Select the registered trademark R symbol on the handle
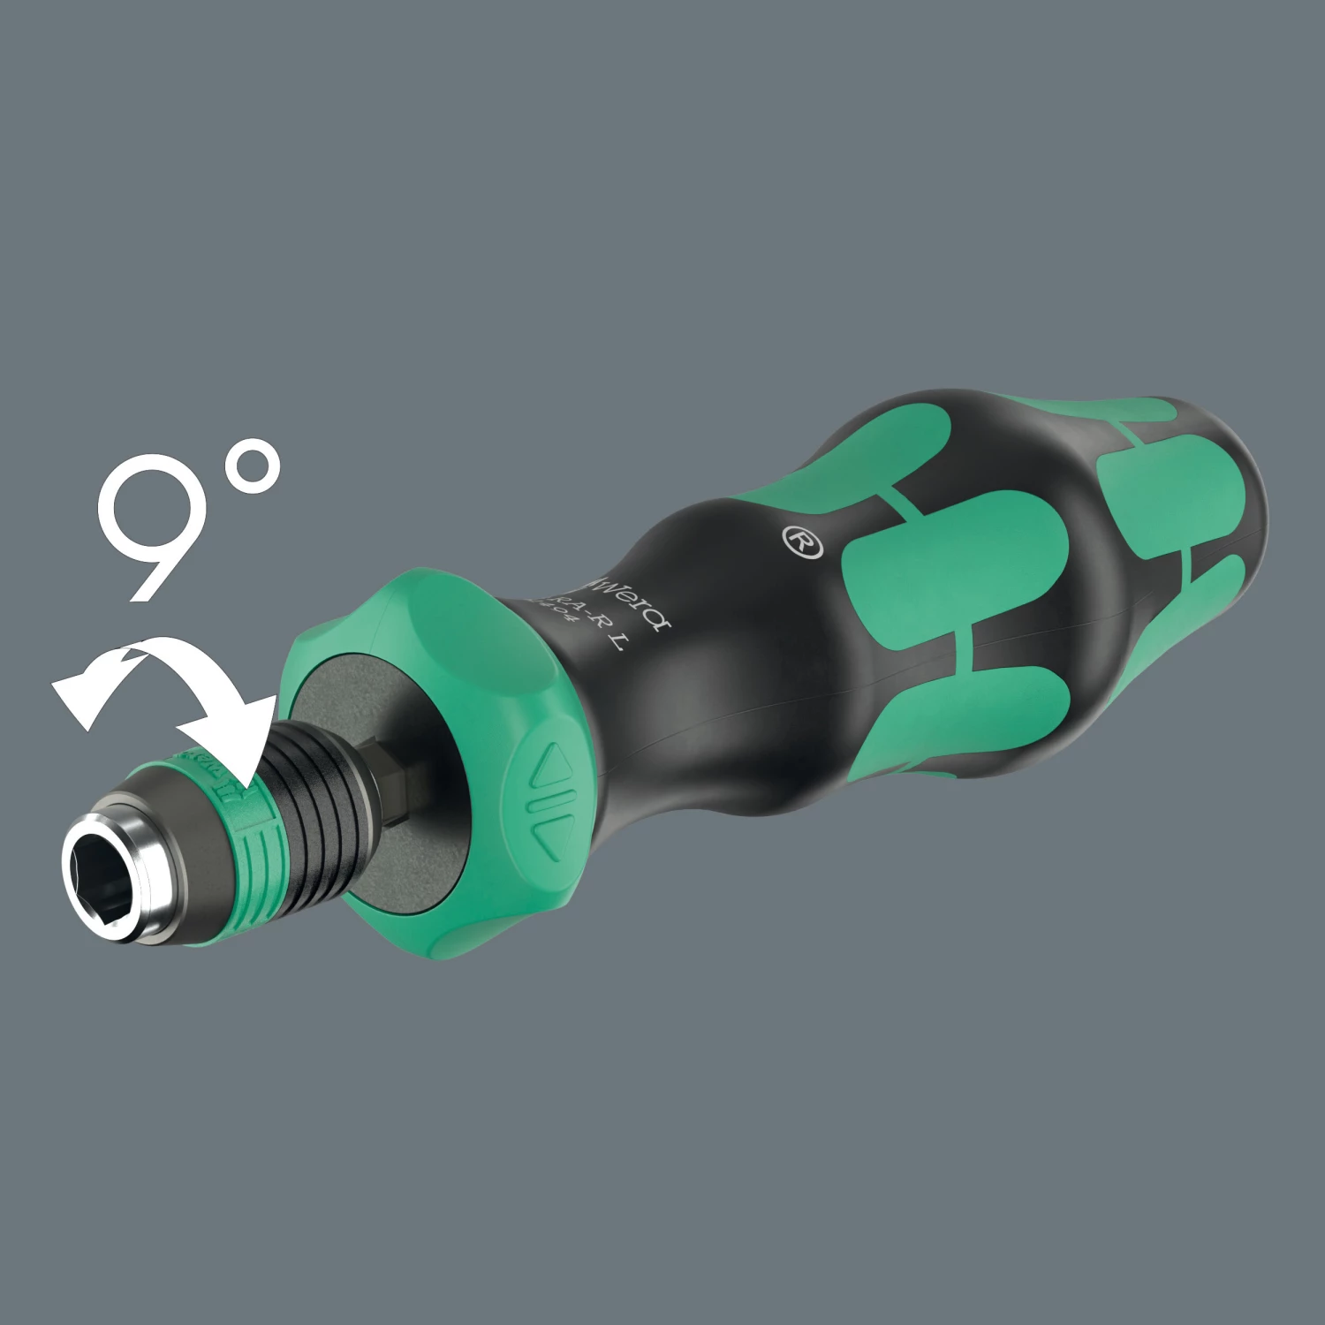point(802,541)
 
